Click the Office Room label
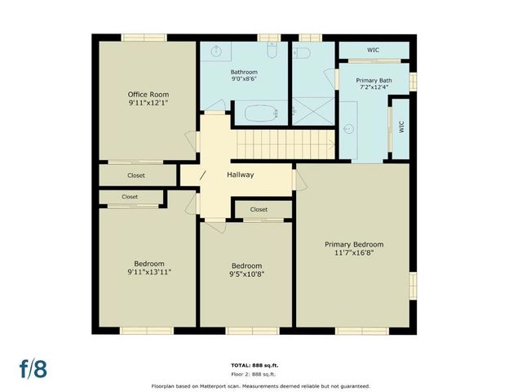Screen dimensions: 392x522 (x=148, y=95)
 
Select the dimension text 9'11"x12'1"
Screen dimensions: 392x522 (x=148, y=104)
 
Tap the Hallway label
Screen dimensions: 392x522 (x=241, y=175)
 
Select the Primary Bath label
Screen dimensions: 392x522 (x=373, y=80)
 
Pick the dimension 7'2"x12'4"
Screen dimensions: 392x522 (x=373, y=89)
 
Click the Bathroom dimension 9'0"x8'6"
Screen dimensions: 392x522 (x=243, y=81)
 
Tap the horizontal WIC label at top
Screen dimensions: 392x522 (x=373, y=50)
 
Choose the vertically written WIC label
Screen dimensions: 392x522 (x=400, y=127)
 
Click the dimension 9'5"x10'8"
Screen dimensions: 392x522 (x=246, y=274)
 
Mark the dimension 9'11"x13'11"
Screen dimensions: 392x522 (x=149, y=272)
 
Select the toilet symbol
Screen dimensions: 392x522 (x=302, y=53)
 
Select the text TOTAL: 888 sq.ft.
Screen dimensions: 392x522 (x=261, y=365)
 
